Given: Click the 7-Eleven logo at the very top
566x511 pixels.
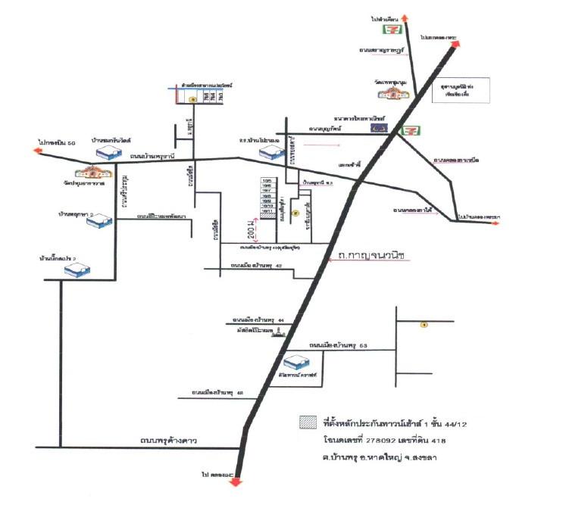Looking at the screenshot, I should [391, 31].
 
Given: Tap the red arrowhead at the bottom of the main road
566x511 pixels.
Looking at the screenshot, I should [236, 483].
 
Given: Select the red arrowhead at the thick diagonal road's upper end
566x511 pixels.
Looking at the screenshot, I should [456, 44].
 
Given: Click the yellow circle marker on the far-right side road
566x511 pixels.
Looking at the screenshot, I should [424, 325].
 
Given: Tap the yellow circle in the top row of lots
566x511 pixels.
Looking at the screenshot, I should [192, 99].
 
